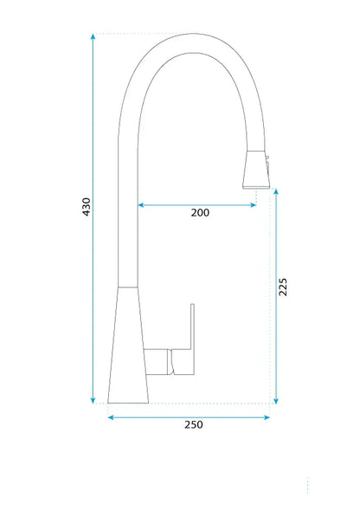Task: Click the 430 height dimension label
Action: pyautogui.click(x=87, y=207)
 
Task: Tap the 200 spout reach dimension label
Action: pyautogui.click(x=200, y=213)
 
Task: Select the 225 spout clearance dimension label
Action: pyautogui.click(x=283, y=287)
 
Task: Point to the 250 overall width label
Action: pyautogui.click(x=194, y=424)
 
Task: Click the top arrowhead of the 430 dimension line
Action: pyautogui.click(x=93, y=36)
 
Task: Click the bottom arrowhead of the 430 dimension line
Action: pyautogui.click(x=93, y=401)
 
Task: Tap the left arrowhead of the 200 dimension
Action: pyautogui.click(x=141, y=205)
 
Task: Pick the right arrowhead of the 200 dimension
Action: pyautogui.click(x=253, y=205)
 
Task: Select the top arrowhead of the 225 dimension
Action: pyautogui.click(x=276, y=191)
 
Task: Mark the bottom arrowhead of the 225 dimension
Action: pyautogui.click(x=276, y=401)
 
